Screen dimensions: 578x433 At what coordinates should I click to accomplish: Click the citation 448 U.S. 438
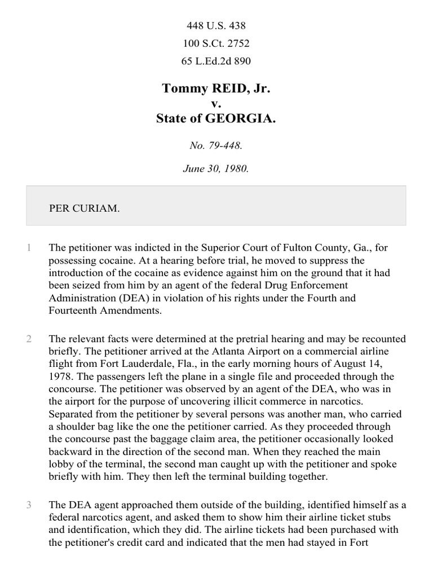pos(216,25)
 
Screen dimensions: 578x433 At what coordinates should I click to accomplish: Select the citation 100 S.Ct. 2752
pos(216,43)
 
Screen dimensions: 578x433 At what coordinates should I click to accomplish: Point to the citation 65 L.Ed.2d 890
pos(216,62)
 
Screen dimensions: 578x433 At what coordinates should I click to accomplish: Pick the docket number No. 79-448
pos(216,146)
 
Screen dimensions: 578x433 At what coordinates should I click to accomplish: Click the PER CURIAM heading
pos(85,208)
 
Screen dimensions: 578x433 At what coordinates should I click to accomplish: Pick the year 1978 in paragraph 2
pos(61,376)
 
